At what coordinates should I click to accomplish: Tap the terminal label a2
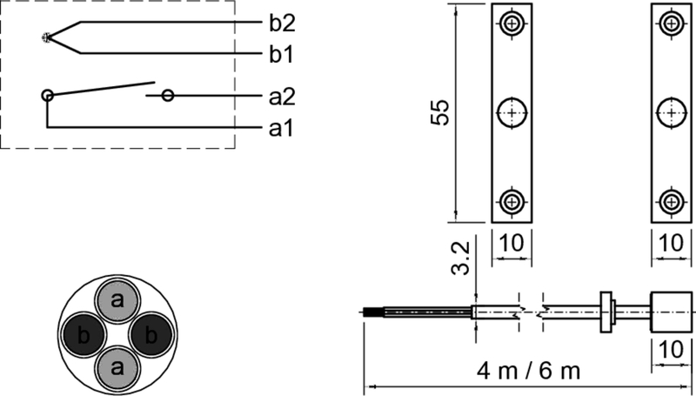[x=280, y=96]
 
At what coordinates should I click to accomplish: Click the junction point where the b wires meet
[x=46, y=37]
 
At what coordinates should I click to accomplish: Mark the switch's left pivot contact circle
[x=47, y=95]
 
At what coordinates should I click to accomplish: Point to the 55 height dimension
[x=442, y=113]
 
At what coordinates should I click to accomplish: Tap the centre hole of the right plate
[x=671, y=112]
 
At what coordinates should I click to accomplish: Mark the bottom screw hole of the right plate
[x=671, y=201]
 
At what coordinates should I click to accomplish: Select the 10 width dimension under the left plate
[x=512, y=245]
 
